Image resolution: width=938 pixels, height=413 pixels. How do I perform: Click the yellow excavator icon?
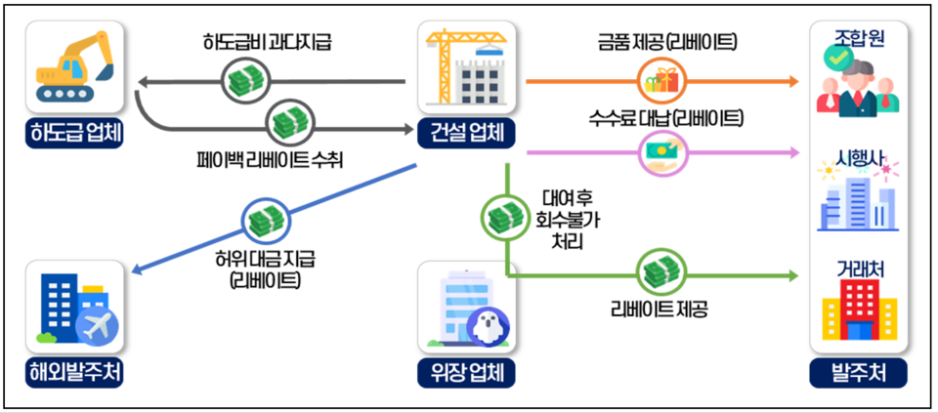[x=74, y=65]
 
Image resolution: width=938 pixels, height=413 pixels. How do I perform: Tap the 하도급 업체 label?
[x=75, y=134]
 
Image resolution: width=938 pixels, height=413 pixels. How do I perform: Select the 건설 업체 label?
[x=466, y=133]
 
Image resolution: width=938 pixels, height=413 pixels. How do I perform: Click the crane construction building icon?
[x=466, y=66]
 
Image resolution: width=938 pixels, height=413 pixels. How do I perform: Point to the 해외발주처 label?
[x=75, y=372]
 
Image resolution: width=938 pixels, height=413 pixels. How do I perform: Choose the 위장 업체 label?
[x=466, y=372]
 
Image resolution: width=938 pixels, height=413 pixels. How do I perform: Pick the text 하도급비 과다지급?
[x=269, y=42]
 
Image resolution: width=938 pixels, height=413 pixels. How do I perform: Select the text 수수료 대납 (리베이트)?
[x=665, y=118]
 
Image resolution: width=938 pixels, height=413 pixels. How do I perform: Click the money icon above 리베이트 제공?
[x=658, y=272]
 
